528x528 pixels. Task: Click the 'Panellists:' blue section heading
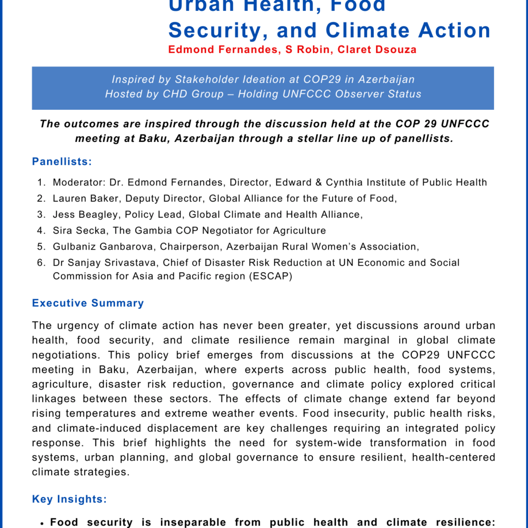(x=62, y=162)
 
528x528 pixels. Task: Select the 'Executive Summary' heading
(x=88, y=303)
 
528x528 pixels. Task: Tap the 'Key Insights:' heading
(x=70, y=499)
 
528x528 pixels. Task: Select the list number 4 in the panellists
(x=40, y=230)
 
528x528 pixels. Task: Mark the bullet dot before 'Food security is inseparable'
(x=41, y=523)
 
